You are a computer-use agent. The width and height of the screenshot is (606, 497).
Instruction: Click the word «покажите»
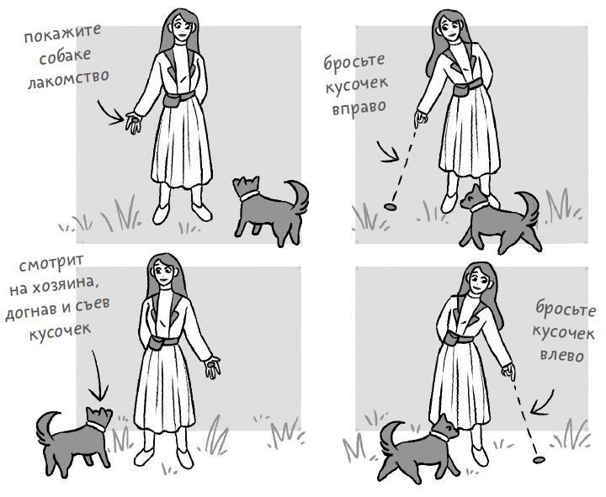point(62,34)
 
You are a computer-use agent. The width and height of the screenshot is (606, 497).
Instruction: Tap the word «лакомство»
point(68,79)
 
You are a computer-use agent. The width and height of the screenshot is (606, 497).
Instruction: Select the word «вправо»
point(359,108)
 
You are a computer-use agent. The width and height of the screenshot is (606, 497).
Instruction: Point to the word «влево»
point(562,355)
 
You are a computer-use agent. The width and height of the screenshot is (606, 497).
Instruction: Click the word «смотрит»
point(51,263)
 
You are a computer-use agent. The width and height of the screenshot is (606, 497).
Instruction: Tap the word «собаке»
point(65,56)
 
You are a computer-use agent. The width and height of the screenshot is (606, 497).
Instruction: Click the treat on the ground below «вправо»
point(391,208)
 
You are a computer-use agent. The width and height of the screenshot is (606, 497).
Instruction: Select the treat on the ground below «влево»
point(539,460)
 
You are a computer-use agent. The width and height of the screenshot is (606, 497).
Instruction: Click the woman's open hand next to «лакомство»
point(133,122)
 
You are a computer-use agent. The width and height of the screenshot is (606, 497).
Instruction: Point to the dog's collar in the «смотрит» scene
point(97,426)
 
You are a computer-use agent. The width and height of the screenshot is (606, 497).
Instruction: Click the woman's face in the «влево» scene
point(478,282)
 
